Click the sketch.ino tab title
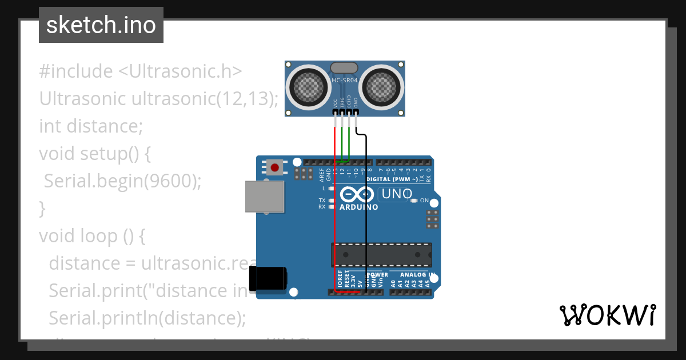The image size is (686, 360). [101, 25]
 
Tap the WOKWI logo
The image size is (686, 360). [607, 315]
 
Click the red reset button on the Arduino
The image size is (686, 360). [275, 167]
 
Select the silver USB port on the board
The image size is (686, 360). [265, 197]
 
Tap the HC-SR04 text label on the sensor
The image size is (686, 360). [345, 81]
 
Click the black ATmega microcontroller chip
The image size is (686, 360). [381, 254]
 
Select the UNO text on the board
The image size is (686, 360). [397, 194]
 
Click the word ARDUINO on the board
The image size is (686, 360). [358, 207]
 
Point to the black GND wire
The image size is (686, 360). [366, 217]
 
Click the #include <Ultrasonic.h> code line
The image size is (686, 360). [141, 71]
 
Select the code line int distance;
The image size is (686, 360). [90, 126]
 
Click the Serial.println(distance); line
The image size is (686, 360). [147, 318]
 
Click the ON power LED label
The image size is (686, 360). [424, 201]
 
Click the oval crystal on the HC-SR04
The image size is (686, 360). [345, 68]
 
